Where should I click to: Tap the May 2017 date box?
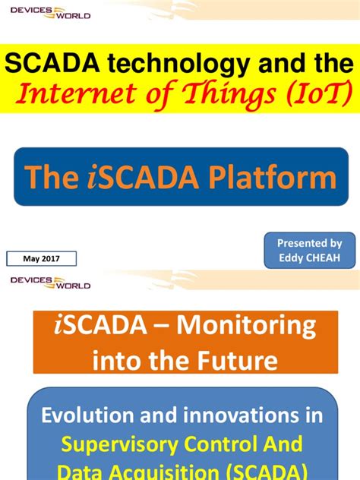coord(43,259)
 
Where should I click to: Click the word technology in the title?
coord(151,64)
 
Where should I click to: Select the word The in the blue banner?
coord(52,177)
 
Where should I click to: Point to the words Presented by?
coord(309,243)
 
